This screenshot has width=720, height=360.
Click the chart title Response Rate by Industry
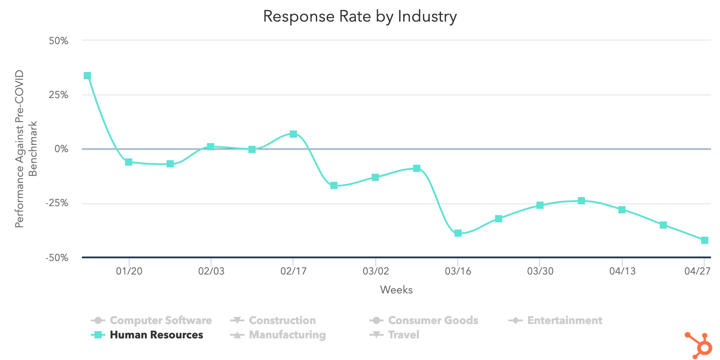(x=360, y=17)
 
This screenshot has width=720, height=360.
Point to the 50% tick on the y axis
(x=58, y=41)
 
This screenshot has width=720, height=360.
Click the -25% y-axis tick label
(x=57, y=203)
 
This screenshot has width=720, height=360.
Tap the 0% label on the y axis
(x=61, y=149)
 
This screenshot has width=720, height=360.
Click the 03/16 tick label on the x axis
(x=458, y=271)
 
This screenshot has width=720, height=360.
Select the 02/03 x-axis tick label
(x=211, y=271)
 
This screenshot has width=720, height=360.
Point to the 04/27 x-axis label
(x=697, y=271)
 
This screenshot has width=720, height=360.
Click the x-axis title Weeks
(x=396, y=290)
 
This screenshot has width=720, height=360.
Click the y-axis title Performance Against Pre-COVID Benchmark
(x=26, y=149)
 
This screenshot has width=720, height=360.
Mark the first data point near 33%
(x=87, y=76)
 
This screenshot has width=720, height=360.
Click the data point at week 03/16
(x=458, y=233)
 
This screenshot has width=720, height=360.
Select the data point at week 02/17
(x=293, y=134)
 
